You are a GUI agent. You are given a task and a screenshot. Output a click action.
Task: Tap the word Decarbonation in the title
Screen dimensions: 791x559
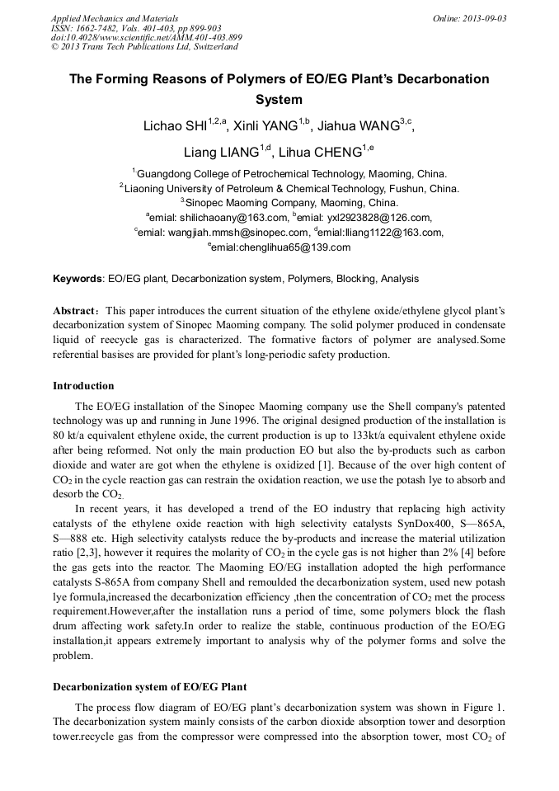click(436, 79)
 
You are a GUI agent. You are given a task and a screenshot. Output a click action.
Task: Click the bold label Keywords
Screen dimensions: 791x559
click(78, 279)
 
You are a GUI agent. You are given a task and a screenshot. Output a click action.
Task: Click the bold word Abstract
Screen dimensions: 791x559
click(77, 311)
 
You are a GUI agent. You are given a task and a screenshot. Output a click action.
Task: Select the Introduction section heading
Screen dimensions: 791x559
click(83, 386)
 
